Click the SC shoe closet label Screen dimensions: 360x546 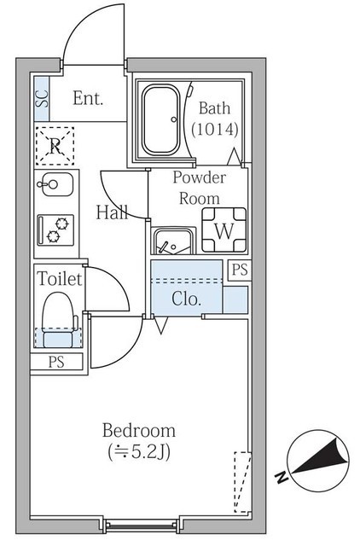coord(43,99)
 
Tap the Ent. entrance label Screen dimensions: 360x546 coord(88,98)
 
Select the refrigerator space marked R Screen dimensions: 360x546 coord(55,146)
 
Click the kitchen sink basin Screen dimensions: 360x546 coord(55,184)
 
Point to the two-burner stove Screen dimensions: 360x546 coord(55,229)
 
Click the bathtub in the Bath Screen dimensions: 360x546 coord(161,119)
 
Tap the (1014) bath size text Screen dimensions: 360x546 coord(215,129)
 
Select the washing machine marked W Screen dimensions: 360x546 coord(224,229)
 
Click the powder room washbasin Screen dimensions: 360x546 coord(173,241)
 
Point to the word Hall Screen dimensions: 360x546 coord(112,212)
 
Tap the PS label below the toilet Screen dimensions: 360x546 coord(56,362)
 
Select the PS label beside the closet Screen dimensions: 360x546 coord(240,270)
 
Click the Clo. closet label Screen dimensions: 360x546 coord(187,299)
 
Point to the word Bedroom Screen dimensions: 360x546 coord(139,430)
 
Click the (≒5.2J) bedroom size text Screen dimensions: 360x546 coord(139,452)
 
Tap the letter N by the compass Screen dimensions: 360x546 coord(282,478)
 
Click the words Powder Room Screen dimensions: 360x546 coord(200,188)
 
